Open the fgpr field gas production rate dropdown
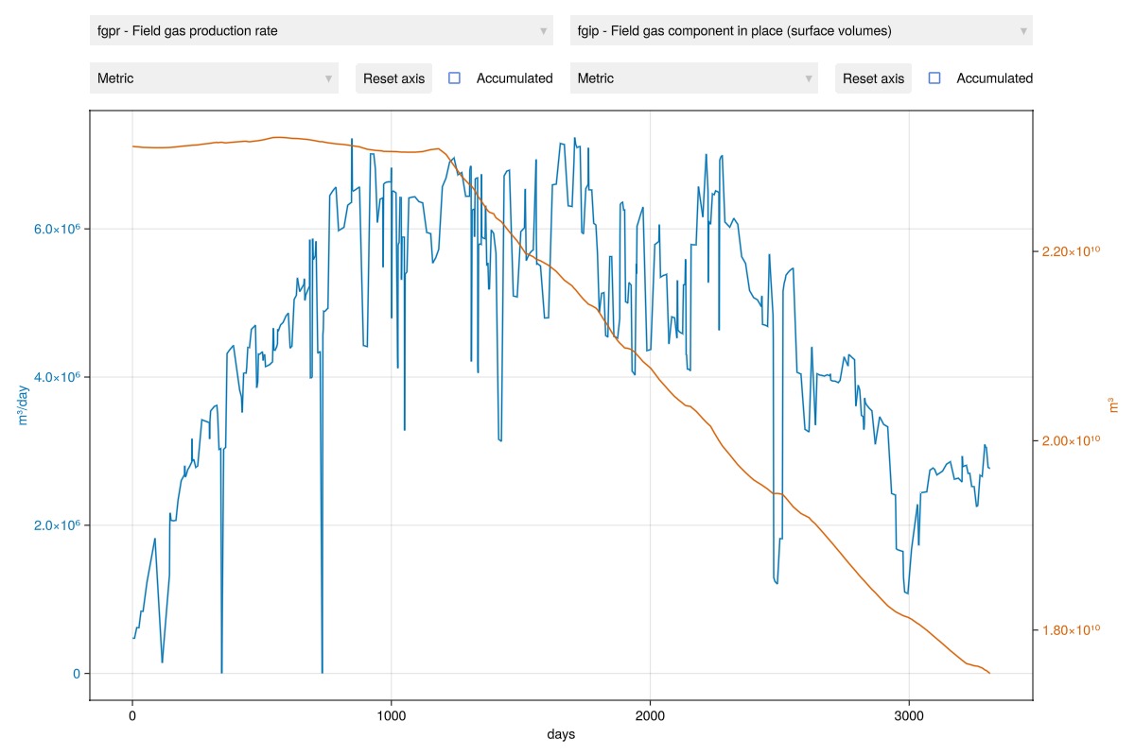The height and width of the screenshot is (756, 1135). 321,31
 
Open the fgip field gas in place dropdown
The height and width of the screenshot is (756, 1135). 800,31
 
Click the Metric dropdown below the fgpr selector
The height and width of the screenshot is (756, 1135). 214,78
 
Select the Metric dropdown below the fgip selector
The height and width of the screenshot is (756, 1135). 694,78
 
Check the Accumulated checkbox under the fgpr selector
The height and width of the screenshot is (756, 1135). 454,78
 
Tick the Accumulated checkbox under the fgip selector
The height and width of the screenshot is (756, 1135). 934,78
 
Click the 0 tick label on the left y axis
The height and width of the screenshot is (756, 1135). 76,674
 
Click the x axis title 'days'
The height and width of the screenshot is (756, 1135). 561,734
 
